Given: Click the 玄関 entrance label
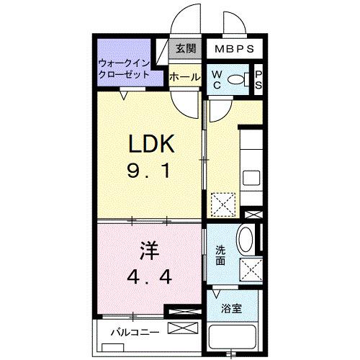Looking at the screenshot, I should tap(185, 48).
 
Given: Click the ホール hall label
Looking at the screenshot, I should tap(185, 76).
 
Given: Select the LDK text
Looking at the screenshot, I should tap(152, 145).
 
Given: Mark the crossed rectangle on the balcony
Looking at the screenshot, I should tap(181, 328).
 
